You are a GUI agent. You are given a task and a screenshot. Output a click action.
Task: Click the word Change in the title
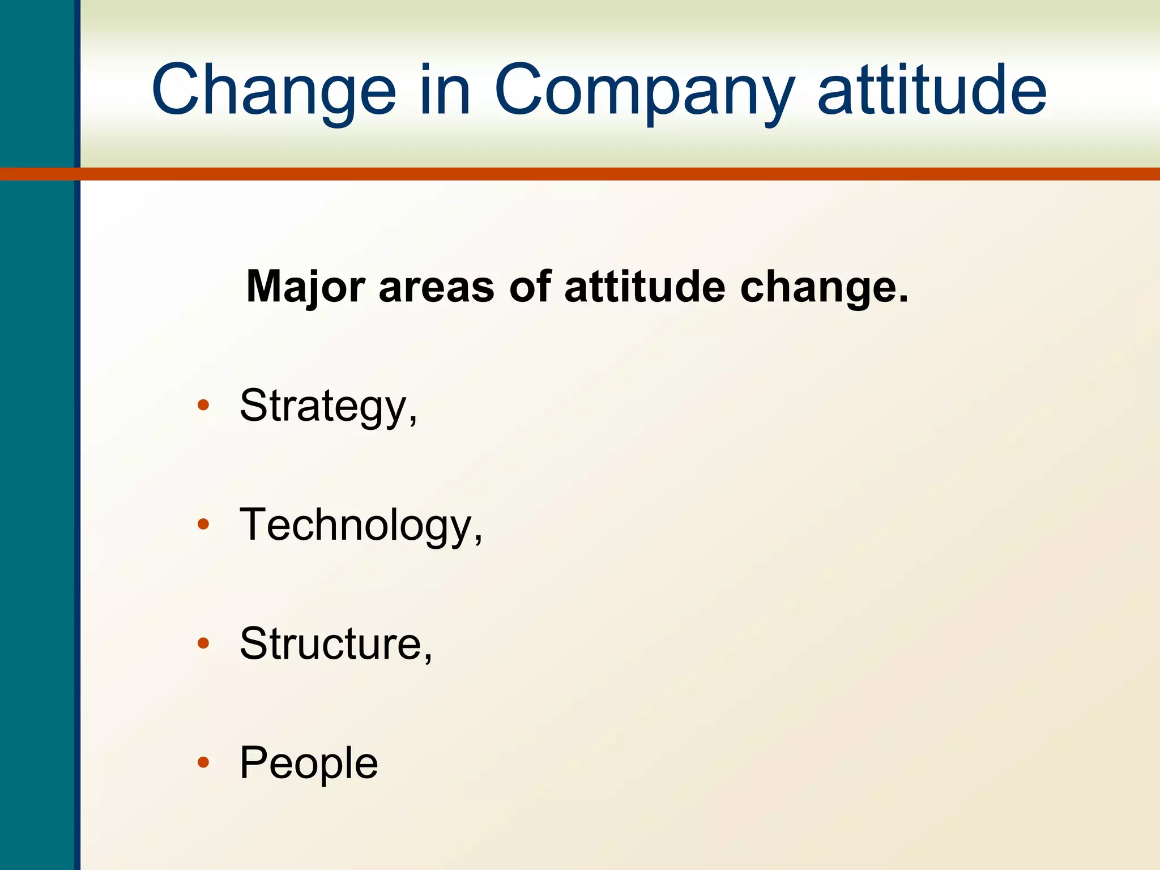click(x=274, y=91)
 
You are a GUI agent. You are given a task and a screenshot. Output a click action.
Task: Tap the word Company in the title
click(x=643, y=91)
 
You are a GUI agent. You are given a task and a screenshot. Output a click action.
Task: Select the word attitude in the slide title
click(x=932, y=91)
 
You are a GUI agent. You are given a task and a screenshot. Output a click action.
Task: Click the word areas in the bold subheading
click(x=436, y=287)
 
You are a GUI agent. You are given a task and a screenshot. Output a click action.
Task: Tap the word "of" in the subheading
click(x=530, y=287)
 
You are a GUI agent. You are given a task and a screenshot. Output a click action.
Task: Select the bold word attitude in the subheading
click(x=645, y=287)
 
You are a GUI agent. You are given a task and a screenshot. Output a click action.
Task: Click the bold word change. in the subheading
click(x=824, y=287)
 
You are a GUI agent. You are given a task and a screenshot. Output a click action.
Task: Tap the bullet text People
click(x=309, y=762)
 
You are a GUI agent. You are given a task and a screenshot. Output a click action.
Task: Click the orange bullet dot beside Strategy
click(x=203, y=406)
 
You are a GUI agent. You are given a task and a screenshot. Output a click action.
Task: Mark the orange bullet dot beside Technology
click(x=203, y=524)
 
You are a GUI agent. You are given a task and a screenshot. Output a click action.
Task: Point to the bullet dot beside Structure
click(x=203, y=643)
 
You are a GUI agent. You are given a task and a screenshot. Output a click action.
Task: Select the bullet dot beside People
click(x=203, y=762)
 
